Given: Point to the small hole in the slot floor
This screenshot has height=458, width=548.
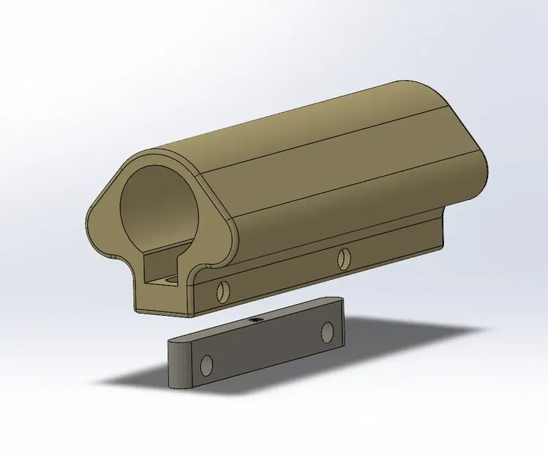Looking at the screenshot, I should (x=170, y=280).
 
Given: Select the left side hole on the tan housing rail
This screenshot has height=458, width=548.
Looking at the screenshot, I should (x=222, y=292).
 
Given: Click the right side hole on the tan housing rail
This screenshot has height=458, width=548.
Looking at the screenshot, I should (x=342, y=257).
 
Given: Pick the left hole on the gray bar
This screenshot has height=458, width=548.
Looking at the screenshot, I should (x=207, y=363).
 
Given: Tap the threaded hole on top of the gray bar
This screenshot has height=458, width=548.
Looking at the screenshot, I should (x=257, y=320).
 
